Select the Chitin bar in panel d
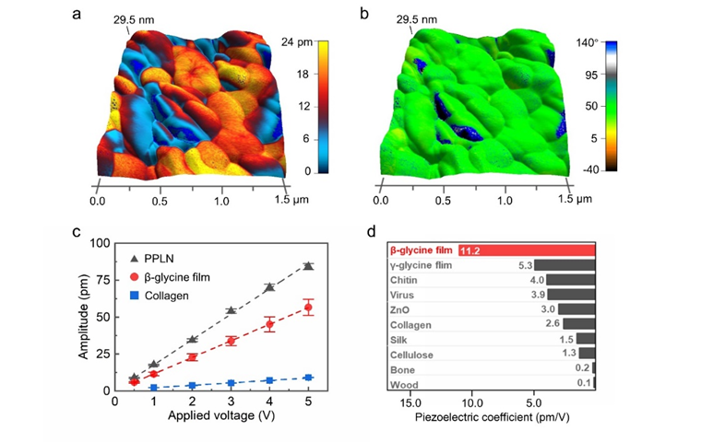[x=564, y=280]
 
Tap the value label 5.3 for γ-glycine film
[x=524, y=265]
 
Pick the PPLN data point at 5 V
[x=308, y=266]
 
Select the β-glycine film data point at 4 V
[x=269, y=324]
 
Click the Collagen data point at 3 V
[x=231, y=382]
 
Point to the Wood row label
[x=405, y=384]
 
